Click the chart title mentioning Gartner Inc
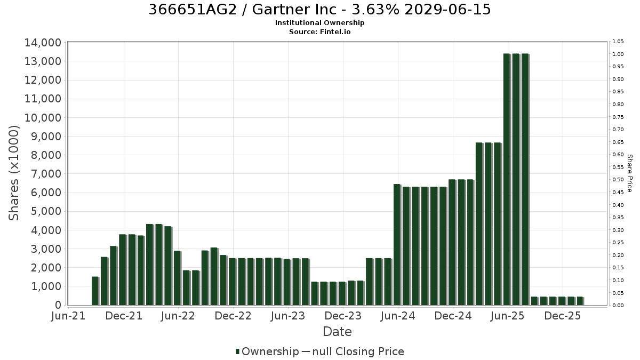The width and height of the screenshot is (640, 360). click(319, 10)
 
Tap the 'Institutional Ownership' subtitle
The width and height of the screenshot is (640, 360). click(319, 23)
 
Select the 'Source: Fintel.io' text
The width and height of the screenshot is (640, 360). click(319, 31)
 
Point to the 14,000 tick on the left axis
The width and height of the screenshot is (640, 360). click(43, 43)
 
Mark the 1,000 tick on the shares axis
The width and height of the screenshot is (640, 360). click(46, 286)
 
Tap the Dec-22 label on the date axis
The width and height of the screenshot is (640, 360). click(233, 316)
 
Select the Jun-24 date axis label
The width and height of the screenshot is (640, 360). click(398, 316)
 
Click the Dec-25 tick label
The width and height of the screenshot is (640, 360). click(563, 316)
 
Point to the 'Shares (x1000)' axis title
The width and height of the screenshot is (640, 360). click(14, 173)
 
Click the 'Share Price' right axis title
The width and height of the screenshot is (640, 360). click(629, 173)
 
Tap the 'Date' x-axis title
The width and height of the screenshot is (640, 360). click(337, 332)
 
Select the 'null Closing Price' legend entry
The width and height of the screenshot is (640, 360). click(358, 351)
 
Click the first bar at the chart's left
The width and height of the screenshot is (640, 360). click(95, 291)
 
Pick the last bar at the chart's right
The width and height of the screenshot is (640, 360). click(580, 301)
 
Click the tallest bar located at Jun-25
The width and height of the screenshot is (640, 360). click(507, 179)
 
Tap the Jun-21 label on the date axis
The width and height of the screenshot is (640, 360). click(68, 316)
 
